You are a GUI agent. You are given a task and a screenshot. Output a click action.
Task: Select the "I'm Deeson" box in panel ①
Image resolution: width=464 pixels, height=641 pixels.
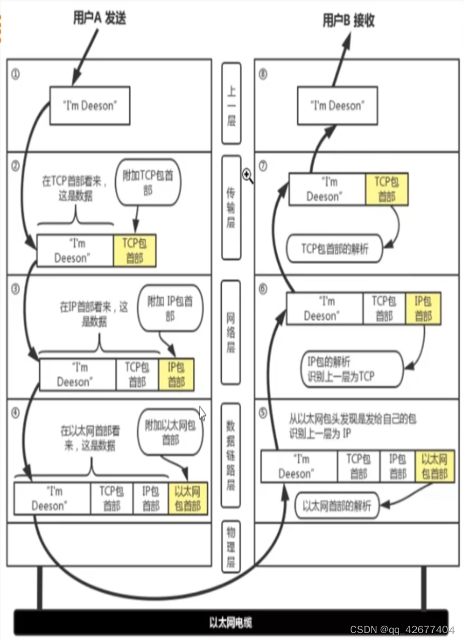tap(89, 106)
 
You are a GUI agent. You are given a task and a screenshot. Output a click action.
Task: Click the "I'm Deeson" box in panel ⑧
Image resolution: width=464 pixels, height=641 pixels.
tap(337, 106)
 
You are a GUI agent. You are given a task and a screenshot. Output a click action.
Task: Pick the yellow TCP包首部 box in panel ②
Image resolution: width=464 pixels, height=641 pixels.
tap(135, 251)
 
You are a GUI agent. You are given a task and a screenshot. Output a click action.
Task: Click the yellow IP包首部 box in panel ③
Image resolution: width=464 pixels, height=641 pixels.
tap(176, 374)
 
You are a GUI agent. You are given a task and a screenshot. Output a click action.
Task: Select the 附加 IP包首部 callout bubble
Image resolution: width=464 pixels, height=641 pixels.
tap(170, 309)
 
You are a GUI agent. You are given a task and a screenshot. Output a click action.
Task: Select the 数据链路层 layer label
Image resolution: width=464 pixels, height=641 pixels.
tap(231, 454)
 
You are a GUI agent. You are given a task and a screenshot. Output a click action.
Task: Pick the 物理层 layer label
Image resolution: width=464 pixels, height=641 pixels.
tap(231, 547)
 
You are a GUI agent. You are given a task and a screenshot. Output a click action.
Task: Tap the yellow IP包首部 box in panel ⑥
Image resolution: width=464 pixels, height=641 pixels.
tap(423, 308)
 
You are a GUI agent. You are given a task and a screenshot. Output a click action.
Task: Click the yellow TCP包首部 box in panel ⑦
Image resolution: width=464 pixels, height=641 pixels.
tap(386, 189)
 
